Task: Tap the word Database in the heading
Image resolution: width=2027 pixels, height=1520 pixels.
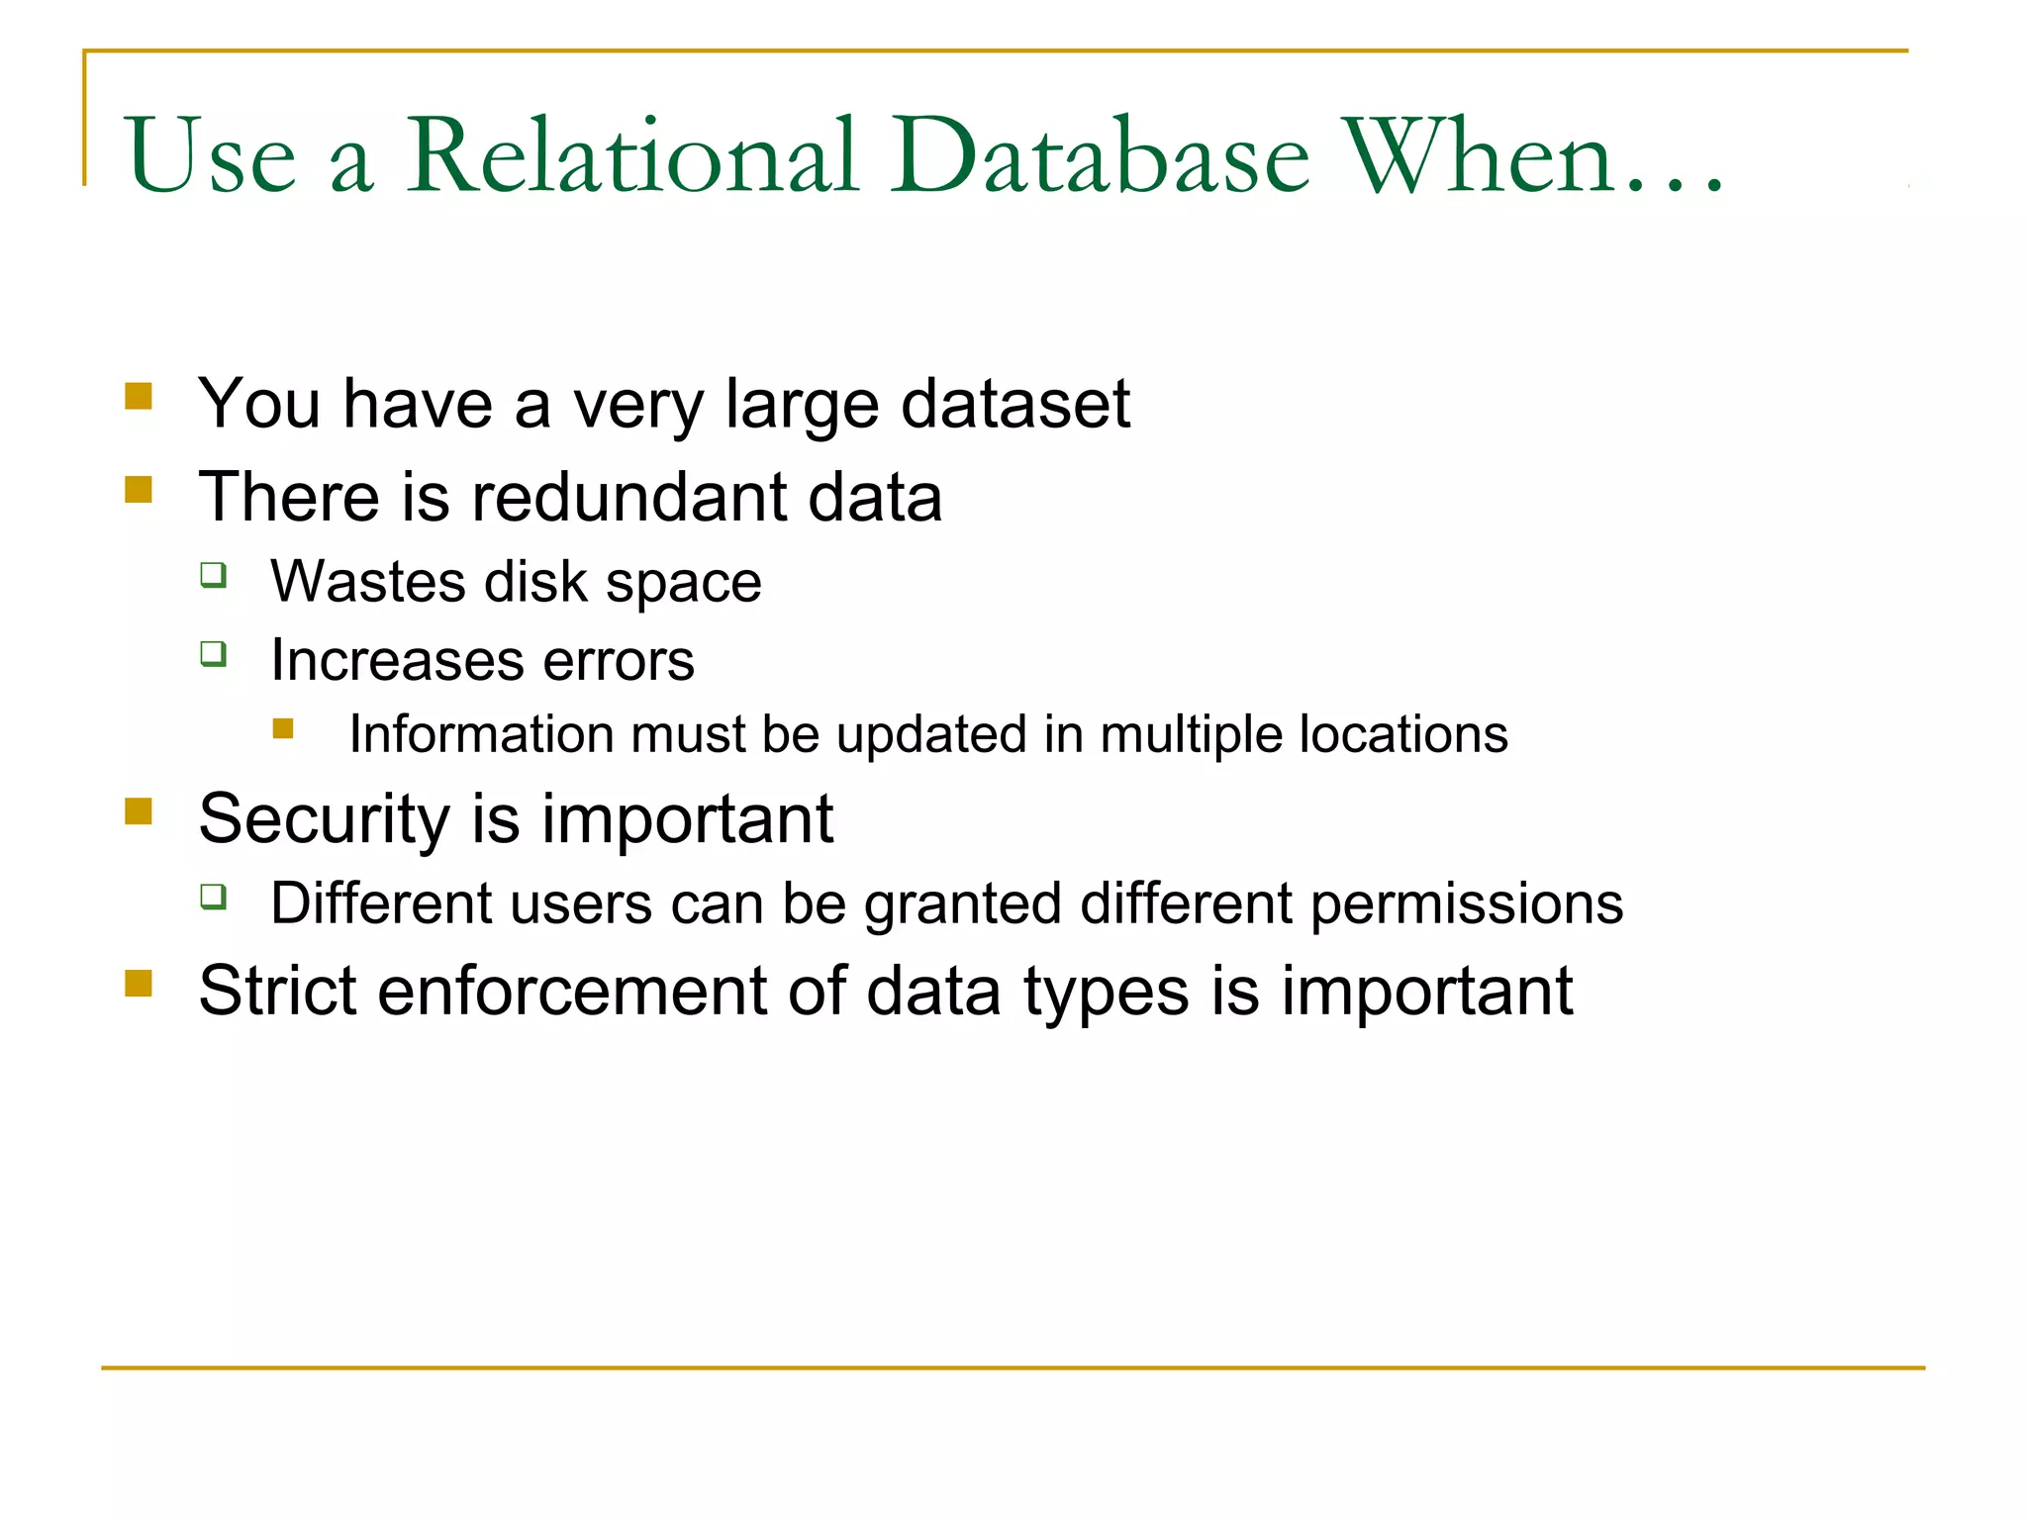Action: coord(1100,155)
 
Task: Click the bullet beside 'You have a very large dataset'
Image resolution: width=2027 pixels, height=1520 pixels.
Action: coord(139,397)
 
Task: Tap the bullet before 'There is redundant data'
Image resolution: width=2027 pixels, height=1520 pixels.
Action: coord(139,490)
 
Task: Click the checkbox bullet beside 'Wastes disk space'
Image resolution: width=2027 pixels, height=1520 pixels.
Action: coord(214,575)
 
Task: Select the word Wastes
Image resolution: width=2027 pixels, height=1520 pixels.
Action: coord(367,581)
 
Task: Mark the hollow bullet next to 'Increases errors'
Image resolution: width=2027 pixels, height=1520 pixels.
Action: coord(214,654)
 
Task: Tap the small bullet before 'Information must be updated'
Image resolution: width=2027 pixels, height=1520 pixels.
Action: coord(283,729)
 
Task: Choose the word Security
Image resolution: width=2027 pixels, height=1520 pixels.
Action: coord(325,819)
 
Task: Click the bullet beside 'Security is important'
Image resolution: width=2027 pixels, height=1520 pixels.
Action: coord(139,812)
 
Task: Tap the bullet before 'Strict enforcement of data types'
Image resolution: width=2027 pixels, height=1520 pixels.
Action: coord(139,984)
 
